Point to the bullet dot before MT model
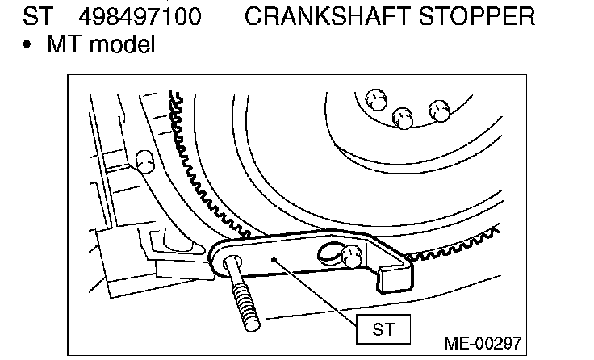(28, 45)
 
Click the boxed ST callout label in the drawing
(382, 329)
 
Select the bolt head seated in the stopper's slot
(350, 257)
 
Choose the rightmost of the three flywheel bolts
(439, 110)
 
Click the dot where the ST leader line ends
(274, 260)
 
